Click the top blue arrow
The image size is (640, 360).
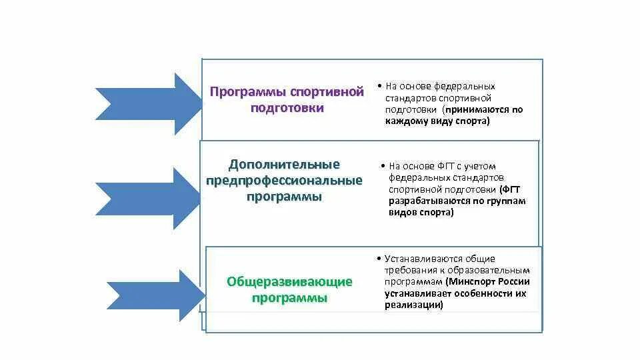[150, 104]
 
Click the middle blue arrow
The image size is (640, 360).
[150, 199]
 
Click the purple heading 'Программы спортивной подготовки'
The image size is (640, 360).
[287, 100]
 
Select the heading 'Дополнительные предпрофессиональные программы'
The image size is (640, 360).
[285, 181]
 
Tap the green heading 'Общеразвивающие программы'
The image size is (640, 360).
[289, 290]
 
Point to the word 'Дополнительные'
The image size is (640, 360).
[285, 165]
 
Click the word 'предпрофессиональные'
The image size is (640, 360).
[285, 181]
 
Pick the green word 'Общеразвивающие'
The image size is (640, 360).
[289, 282]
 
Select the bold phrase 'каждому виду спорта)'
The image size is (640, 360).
[437, 121]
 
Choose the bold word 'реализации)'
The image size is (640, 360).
[414, 305]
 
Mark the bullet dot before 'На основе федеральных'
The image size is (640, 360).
[378, 87]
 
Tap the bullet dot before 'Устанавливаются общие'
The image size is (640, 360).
[378, 259]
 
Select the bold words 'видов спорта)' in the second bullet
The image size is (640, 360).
[421, 213]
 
